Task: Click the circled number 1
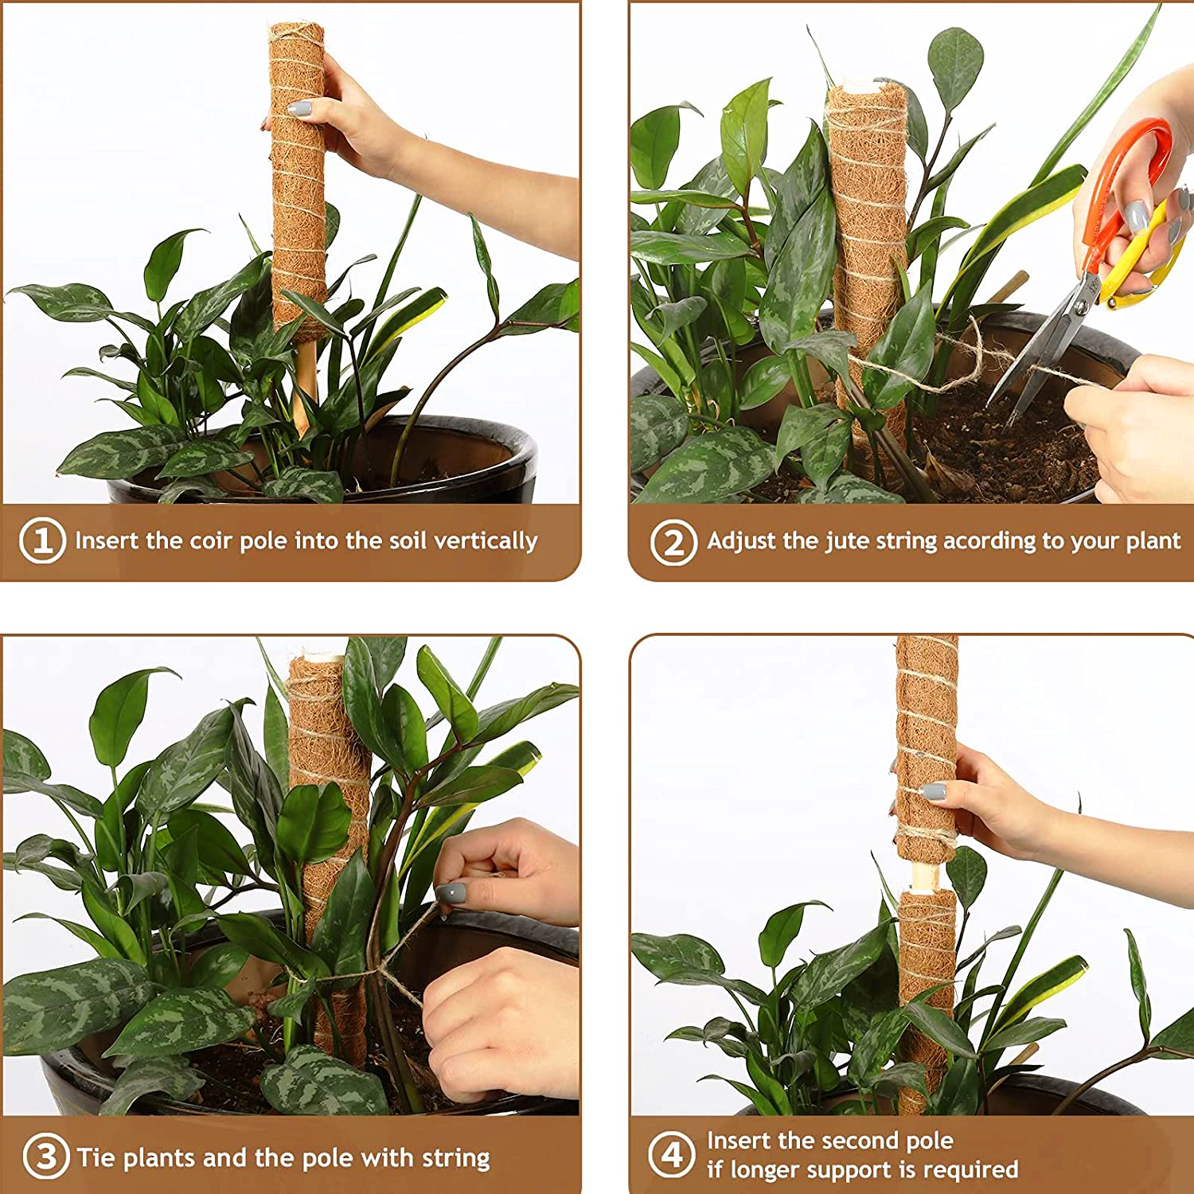[x=41, y=541]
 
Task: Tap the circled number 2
[x=673, y=542]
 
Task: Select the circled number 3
[x=45, y=1157]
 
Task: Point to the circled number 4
[x=673, y=1155]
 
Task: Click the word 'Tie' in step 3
[x=97, y=1157]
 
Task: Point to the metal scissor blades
[x=1043, y=350]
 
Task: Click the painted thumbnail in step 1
[x=299, y=109]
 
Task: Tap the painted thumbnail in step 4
[x=933, y=792]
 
